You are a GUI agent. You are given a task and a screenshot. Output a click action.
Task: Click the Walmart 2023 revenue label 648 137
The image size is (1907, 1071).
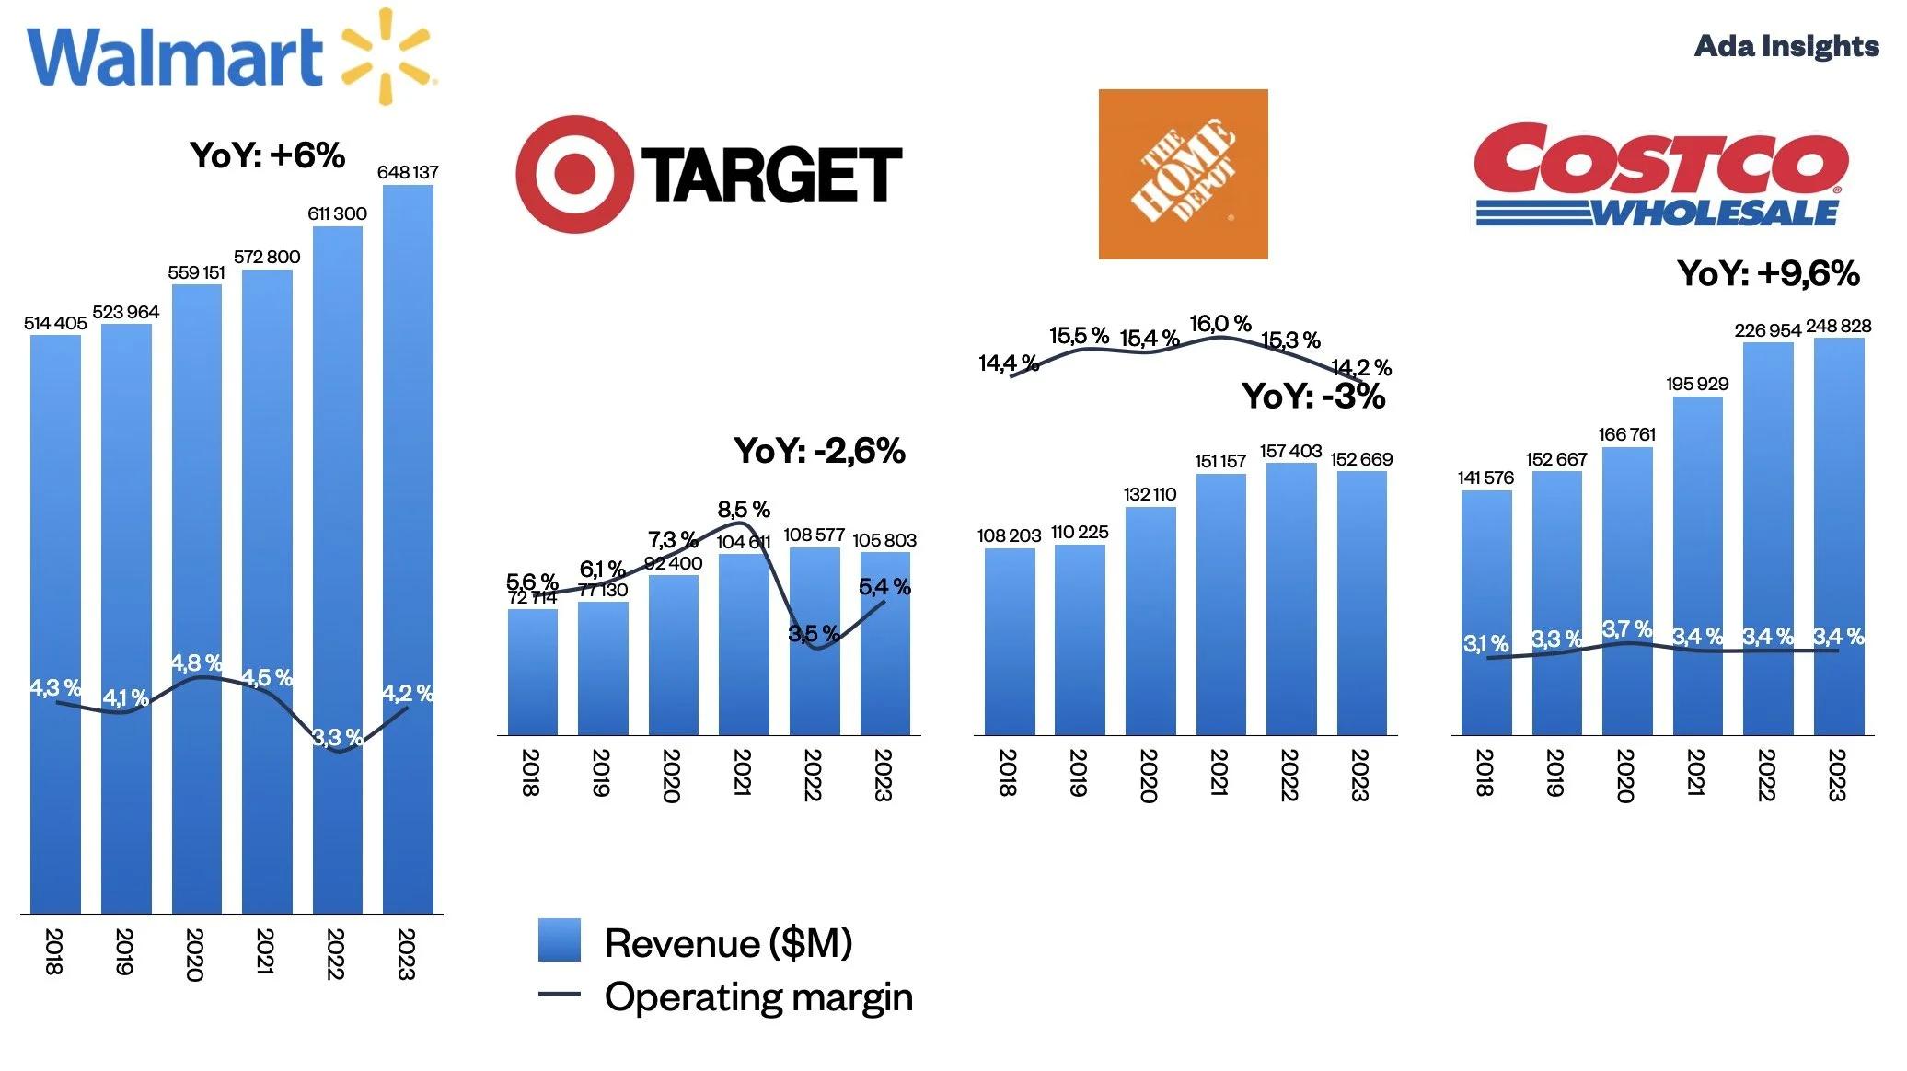point(408,172)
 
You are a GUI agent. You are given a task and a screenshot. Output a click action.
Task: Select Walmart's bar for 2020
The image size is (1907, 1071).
point(196,598)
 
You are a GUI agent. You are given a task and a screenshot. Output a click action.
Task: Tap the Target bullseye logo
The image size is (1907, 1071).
point(574,174)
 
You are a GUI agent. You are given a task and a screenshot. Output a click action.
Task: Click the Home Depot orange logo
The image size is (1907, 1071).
point(1183,174)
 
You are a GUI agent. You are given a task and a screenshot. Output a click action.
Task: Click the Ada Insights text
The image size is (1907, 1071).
point(1786,46)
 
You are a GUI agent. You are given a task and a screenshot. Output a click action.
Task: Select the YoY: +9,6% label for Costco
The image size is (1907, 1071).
point(1767,273)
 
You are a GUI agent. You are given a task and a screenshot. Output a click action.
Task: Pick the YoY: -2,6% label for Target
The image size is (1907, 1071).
point(819,451)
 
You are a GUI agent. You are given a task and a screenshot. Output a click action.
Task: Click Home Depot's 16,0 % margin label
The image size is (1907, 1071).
point(1219,324)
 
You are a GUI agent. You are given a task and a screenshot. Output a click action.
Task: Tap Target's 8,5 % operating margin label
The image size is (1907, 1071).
point(744,510)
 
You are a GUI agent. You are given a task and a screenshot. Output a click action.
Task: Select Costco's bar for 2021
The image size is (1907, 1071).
point(1697,566)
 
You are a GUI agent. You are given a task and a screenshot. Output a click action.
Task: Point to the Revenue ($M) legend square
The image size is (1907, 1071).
point(560,940)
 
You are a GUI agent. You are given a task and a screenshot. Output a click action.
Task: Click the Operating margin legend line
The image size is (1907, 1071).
point(560,994)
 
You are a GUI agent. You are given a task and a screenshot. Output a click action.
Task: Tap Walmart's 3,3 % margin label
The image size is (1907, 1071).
point(337,737)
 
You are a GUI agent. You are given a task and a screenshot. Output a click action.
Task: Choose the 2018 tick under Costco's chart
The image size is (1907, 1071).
point(1484,772)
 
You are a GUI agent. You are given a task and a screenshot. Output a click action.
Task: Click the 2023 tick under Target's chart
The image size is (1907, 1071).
point(883,775)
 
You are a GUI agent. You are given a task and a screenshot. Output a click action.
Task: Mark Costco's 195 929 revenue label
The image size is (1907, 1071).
point(1697,384)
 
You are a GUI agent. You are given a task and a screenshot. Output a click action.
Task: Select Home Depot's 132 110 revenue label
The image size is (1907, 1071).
point(1150,494)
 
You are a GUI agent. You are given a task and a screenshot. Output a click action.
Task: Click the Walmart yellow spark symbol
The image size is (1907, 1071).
point(386,55)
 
